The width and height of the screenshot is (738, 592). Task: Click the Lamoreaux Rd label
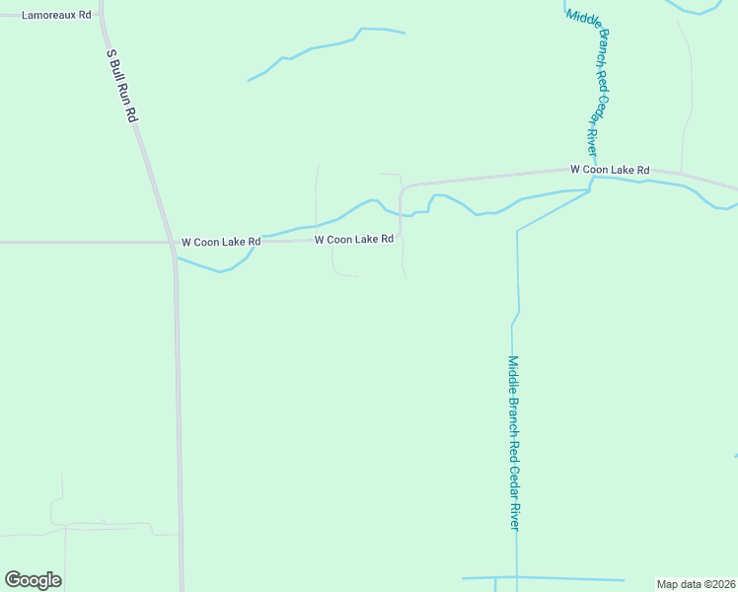point(57,16)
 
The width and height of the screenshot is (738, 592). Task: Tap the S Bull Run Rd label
point(120,87)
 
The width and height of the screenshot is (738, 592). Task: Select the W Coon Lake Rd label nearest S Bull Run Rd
point(221,242)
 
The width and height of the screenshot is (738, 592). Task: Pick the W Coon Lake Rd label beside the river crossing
point(610,171)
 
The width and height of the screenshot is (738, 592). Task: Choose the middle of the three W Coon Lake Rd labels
point(354,240)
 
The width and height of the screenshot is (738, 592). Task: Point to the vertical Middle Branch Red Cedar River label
point(513,443)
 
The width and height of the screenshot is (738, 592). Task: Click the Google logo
point(34,580)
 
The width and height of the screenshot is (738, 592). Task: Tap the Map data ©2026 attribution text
point(696,584)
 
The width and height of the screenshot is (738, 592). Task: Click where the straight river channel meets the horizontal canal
point(515,577)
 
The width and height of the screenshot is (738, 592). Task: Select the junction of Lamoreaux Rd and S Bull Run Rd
point(103,16)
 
